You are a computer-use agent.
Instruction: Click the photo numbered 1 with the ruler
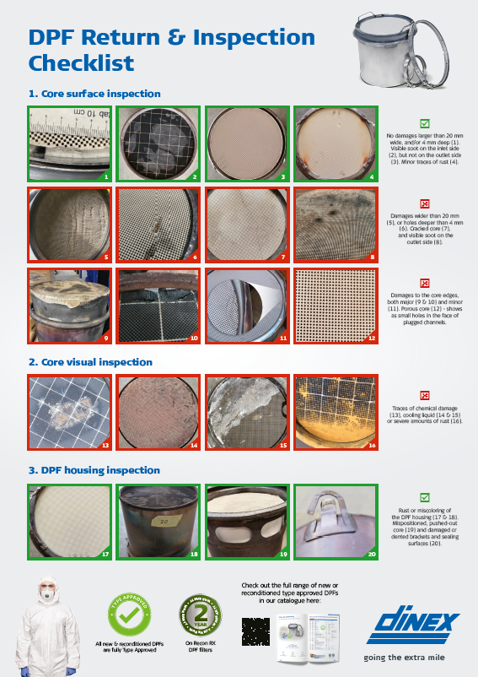pos(71,144)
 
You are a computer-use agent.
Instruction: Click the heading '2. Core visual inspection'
pos(90,362)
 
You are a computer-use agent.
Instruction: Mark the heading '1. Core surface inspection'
pos(94,94)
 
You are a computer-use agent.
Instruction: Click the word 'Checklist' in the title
pos(81,63)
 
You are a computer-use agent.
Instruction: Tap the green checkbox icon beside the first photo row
pos(425,122)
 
